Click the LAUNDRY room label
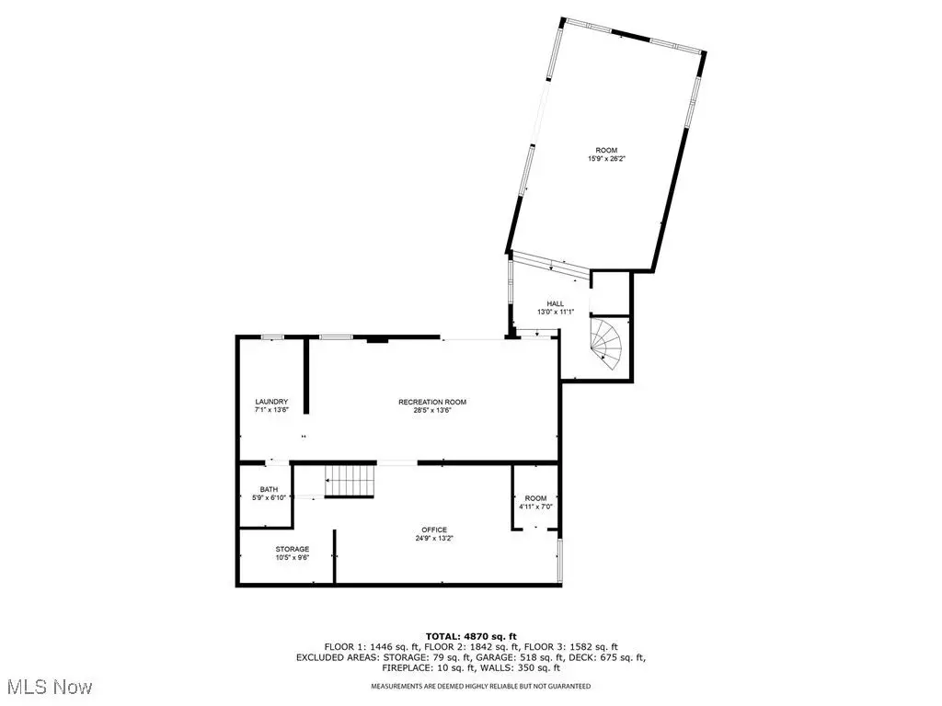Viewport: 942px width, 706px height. (271, 402)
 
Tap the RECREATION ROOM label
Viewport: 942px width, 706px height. (432, 402)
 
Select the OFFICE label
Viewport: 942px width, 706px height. (434, 529)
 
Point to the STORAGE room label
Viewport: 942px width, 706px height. (293, 549)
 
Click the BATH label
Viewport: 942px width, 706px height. (270, 489)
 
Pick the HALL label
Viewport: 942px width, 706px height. (555, 303)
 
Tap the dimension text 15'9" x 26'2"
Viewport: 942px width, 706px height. (606, 159)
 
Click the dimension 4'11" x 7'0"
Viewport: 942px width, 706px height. (536, 507)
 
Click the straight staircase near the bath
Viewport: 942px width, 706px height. (350, 481)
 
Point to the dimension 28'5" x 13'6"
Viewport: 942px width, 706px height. (432, 411)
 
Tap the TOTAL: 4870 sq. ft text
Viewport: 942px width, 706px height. (471, 636)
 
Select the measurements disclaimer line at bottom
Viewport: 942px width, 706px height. (480, 686)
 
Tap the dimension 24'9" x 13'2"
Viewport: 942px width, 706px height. (434, 539)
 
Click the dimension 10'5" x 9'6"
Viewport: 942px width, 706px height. (293, 558)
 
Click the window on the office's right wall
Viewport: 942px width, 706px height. (560, 561)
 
